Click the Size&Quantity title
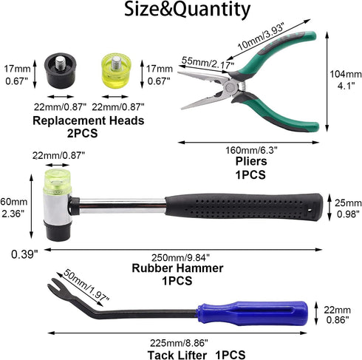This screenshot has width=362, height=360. pos(187,10)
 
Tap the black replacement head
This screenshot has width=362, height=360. pos(61,72)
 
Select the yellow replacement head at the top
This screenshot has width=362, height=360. pos(117,72)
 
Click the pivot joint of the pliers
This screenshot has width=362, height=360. pos(230,87)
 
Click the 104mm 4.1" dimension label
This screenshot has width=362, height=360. pos(346,80)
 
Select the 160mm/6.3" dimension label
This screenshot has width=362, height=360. pos(251,150)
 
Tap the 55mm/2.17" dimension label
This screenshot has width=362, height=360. pos(208,63)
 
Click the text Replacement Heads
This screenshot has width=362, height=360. pos(89,120)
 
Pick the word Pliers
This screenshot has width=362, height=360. pos(251,161)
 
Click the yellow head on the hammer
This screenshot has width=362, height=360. pos(58,182)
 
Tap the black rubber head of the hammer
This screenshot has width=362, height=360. pos(58,231)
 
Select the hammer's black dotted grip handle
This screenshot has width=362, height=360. pos(244,207)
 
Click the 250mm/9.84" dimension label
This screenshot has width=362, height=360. pos(180,258)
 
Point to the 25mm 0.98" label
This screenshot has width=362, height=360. pos(348,208)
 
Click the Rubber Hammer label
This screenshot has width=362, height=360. pos(177,268)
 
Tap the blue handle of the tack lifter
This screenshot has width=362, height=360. pos(253,313)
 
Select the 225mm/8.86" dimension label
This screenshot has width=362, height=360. pos(179,343)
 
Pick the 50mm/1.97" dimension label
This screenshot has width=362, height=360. pos(86,285)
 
